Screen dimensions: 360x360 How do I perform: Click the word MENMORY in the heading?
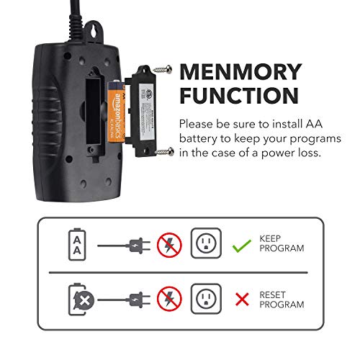(240, 72)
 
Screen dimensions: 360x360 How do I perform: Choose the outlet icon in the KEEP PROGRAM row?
(206, 245)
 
